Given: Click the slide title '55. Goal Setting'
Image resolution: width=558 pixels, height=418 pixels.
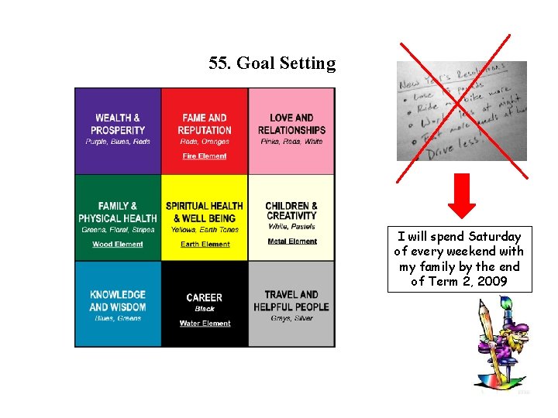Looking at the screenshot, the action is (x=272, y=63).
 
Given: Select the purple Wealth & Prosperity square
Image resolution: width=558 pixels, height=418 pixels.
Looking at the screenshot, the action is (x=118, y=130).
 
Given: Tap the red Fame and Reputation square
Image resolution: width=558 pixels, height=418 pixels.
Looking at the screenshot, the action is (x=205, y=130).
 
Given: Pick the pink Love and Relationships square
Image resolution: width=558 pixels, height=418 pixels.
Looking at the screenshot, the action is (x=291, y=130).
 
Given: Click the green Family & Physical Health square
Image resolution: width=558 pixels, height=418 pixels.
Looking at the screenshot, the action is (x=118, y=218).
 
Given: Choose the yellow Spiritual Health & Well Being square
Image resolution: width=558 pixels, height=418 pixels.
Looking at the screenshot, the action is (x=205, y=218).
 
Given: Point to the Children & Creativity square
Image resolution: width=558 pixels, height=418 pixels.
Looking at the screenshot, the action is (x=291, y=218).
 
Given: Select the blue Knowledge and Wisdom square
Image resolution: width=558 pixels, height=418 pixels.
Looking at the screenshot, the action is (x=118, y=304).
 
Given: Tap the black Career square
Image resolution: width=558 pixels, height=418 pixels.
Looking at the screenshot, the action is (x=205, y=304).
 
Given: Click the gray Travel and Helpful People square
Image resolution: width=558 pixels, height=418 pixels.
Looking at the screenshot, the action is (x=291, y=304).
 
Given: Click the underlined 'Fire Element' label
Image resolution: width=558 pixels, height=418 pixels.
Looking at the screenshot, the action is (x=205, y=156).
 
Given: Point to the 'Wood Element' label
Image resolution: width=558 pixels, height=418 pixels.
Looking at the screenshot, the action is (x=118, y=244).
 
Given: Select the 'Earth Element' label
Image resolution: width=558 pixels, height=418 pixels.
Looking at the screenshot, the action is (x=205, y=244).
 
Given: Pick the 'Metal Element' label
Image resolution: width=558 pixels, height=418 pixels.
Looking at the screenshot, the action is (x=292, y=242).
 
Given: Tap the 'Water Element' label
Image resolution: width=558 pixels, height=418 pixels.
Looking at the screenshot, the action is (x=205, y=324).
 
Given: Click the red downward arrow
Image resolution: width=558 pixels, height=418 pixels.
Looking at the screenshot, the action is (x=463, y=197).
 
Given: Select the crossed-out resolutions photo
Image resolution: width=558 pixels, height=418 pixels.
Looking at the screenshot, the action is (x=460, y=111).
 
